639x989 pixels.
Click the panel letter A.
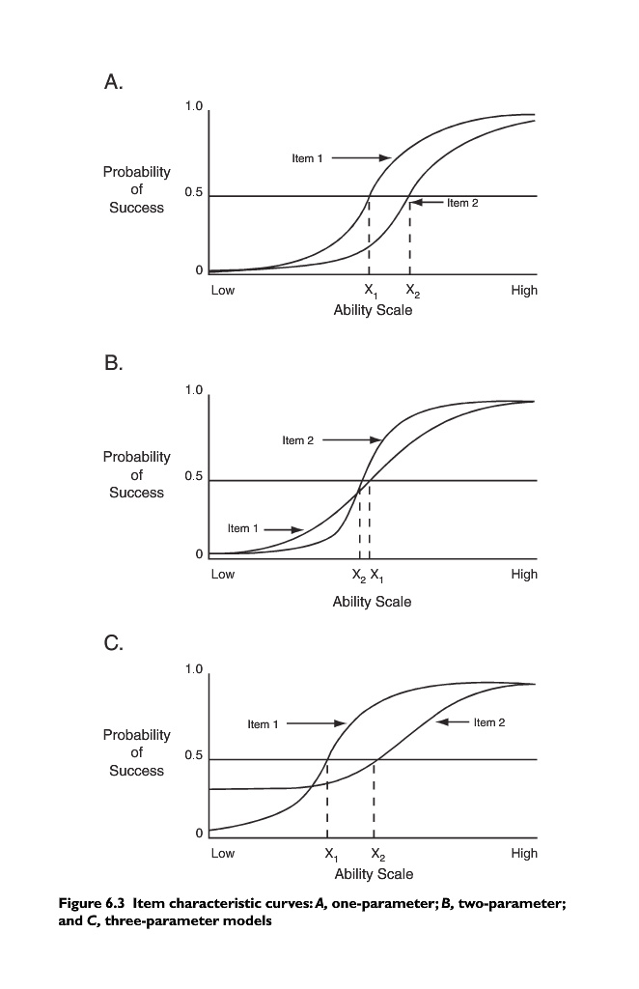[113, 84]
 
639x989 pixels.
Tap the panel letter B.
[113, 364]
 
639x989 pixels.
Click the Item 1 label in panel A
[307, 158]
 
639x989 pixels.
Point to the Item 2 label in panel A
[462, 203]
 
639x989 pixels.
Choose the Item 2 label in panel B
[298, 440]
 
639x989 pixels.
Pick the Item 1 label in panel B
[243, 528]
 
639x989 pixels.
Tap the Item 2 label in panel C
[489, 722]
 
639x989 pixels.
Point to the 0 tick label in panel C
[199, 833]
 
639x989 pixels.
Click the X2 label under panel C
[376, 855]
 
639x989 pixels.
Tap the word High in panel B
[524, 575]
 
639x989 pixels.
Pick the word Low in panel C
[223, 854]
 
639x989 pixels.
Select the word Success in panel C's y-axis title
[136, 771]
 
